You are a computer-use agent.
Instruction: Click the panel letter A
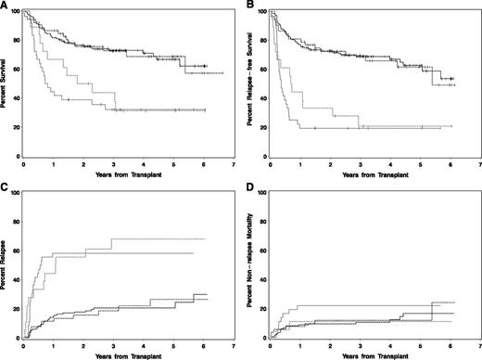pos(5,6)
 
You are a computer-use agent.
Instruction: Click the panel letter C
pos(5,188)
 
